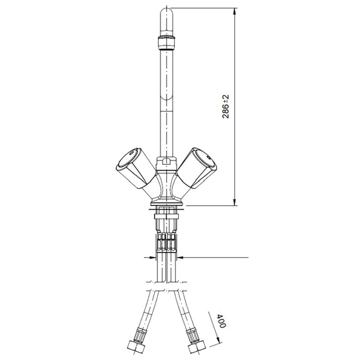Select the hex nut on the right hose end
(x=194, y=349)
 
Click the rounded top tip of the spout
(x=165, y=16)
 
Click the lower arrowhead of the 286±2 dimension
(x=236, y=201)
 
